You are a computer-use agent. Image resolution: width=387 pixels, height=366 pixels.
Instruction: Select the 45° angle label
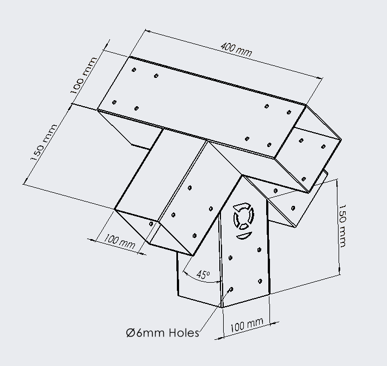(x=202, y=275)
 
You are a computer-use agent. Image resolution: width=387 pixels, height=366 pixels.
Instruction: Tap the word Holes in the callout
(x=184, y=332)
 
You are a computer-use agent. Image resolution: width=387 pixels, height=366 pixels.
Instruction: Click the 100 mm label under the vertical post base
(x=247, y=326)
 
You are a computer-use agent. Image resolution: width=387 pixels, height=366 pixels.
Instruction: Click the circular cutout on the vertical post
(x=242, y=218)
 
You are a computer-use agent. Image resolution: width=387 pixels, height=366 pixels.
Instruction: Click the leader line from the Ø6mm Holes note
(x=212, y=310)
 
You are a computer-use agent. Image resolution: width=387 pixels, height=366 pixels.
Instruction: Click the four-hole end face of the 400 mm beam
(x=313, y=147)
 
